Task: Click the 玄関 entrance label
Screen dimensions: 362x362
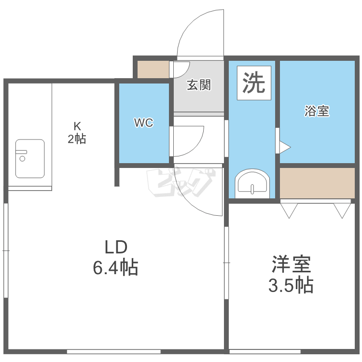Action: [199, 85]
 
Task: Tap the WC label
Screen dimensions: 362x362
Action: [144, 123]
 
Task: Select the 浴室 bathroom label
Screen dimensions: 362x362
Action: [317, 111]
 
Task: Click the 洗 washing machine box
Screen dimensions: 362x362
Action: [254, 83]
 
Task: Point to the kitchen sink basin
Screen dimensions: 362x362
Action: [30, 159]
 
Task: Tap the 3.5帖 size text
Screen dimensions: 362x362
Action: [291, 285]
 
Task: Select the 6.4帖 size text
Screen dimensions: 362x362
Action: [115, 267]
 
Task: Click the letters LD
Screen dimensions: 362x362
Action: [116, 247]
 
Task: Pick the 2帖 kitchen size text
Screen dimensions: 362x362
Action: [77, 139]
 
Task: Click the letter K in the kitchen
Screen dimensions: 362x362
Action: [77, 126]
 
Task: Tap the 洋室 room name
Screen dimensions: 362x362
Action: [292, 264]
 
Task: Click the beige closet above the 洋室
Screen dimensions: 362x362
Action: [317, 183]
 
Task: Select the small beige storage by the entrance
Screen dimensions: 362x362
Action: [153, 70]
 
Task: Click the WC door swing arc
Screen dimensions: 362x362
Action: [197, 145]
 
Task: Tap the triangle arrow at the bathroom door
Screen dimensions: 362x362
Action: [285, 147]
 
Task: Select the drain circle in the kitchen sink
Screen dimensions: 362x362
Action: [22, 159]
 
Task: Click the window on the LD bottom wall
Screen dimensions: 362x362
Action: [114, 351]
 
